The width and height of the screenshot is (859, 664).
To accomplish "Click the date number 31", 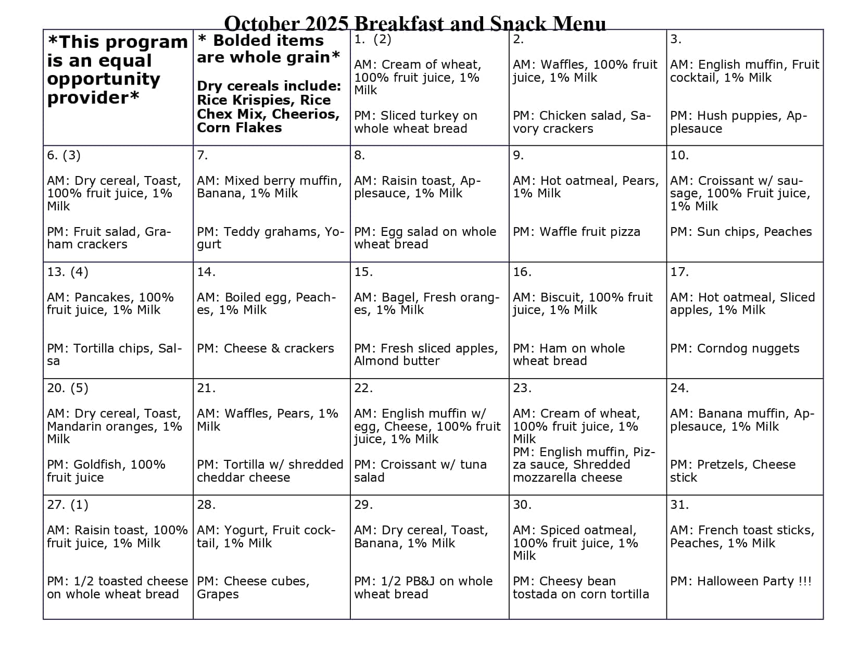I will pyautogui.click(x=679, y=505).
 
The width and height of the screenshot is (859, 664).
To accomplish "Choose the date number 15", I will pyautogui.click(x=363, y=272).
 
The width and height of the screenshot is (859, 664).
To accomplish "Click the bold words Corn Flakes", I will pyautogui.click(x=239, y=128).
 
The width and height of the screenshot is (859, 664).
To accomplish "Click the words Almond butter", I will pyautogui.click(x=397, y=361).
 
